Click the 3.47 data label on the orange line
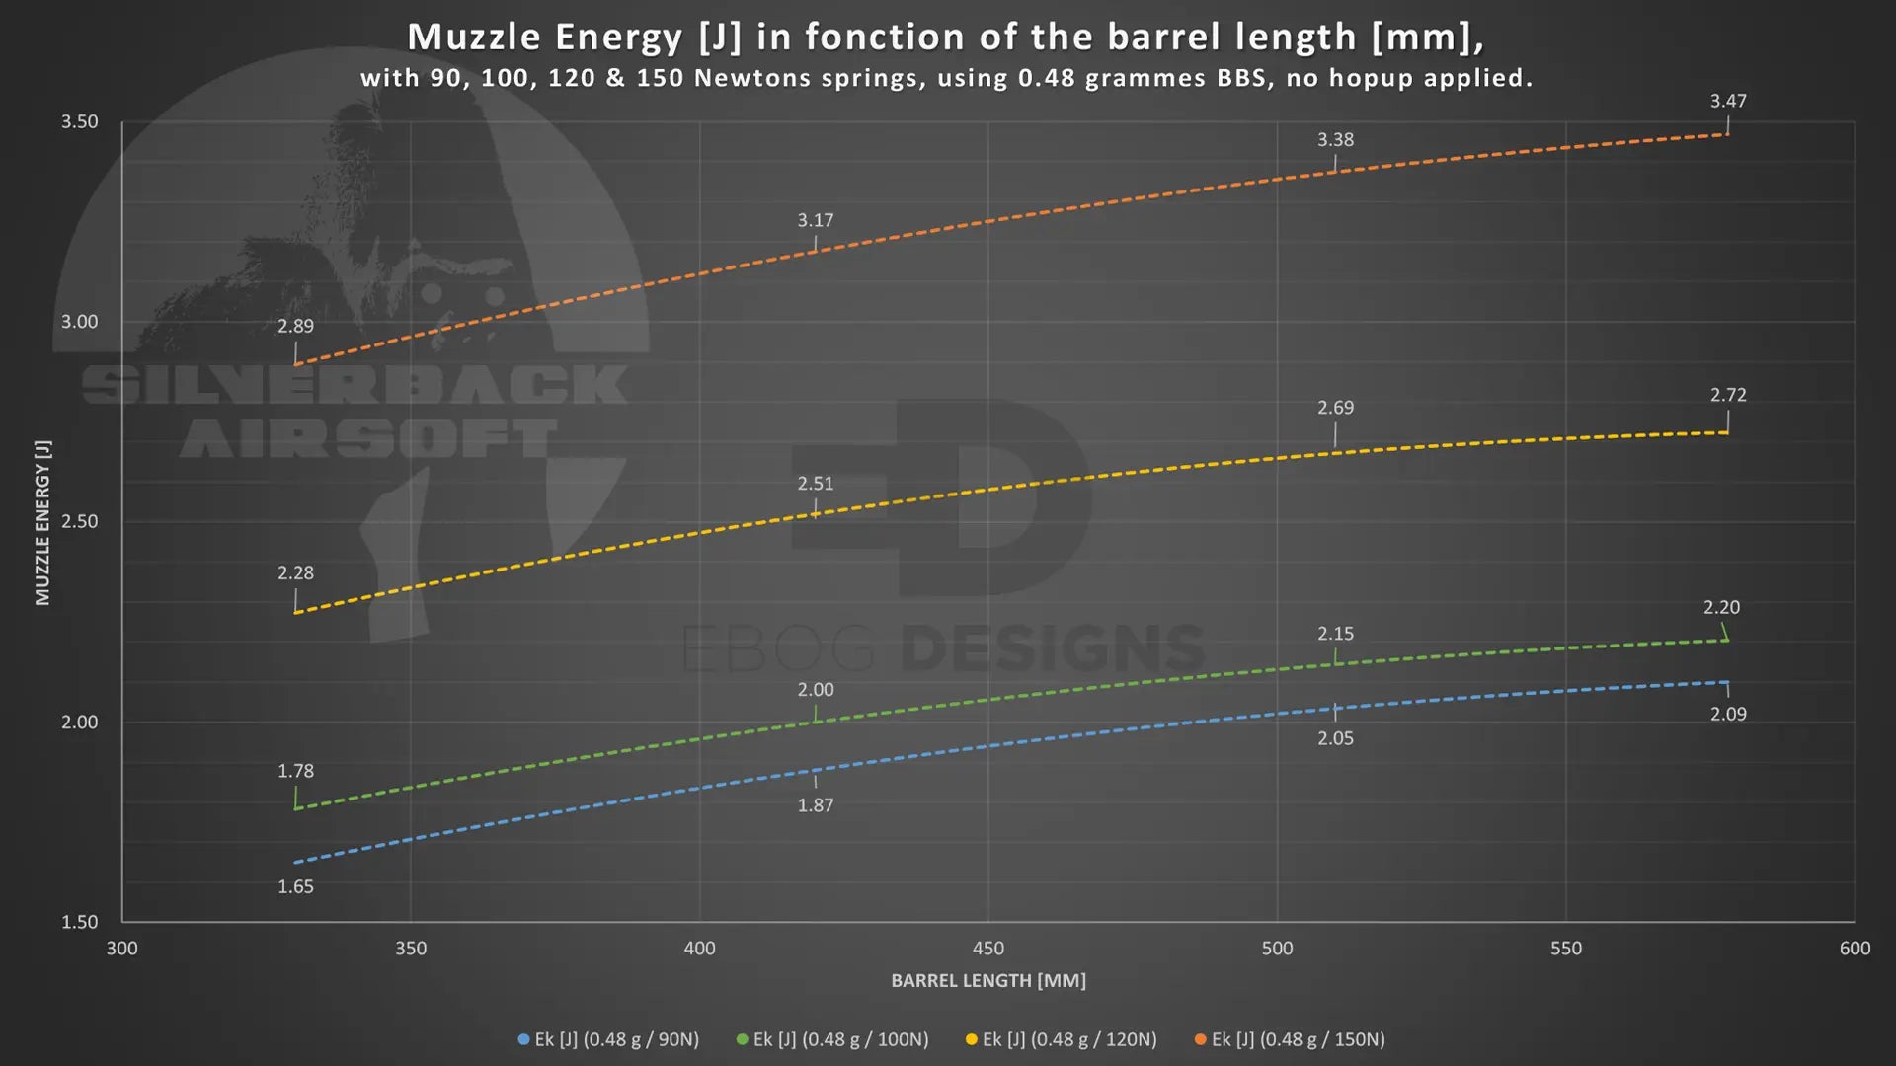(x=1728, y=102)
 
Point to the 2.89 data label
(x=295, y=327)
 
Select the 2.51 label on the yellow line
(x=816, y=484)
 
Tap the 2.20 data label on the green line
(x=1721, y=608)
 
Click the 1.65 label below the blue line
(x=295, y=886)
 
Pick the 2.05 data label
(x=1335, y=738)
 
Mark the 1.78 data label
(x=295, y=771)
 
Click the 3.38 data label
(x=1335, y=140)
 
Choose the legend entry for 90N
(x=608, y=1039)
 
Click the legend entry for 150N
(x=1290, y=1039)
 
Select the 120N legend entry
(x=1062, y=1039)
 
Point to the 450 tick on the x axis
(x=987, y=949)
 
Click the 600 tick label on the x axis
(x=1854, y=949)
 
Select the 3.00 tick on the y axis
(x=80, y=322)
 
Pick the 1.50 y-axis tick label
(x=80, y=922)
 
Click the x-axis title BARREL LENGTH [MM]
(x=987, y=980)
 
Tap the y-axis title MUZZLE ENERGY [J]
(x=42, y=522)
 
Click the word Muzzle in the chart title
(x=474, y=38)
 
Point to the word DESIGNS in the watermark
(x=1053, y=648)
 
